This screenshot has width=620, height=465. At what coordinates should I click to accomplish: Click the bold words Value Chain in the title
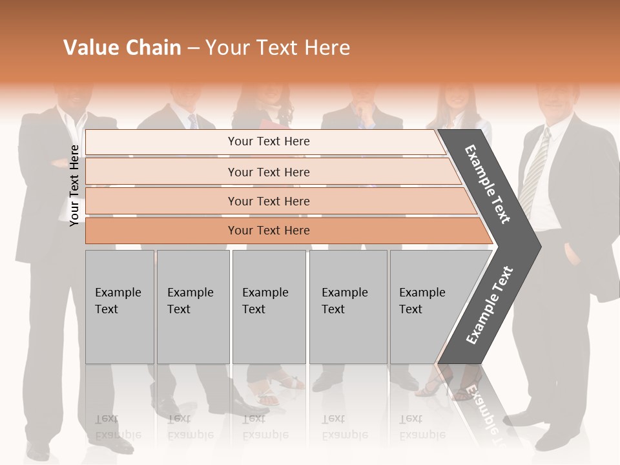122,48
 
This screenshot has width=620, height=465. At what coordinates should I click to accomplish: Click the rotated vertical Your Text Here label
74,185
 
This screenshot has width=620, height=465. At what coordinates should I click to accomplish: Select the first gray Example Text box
119,307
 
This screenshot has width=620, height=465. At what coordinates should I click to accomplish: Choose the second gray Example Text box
192,307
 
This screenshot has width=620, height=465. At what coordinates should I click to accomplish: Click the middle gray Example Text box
269,307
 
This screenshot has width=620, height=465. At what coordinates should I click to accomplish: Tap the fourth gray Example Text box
347,307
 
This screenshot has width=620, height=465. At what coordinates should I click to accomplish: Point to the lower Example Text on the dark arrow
490,305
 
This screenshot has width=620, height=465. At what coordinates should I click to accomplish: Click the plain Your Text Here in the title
278,48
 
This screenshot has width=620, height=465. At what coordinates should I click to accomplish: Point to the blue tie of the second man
192,121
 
